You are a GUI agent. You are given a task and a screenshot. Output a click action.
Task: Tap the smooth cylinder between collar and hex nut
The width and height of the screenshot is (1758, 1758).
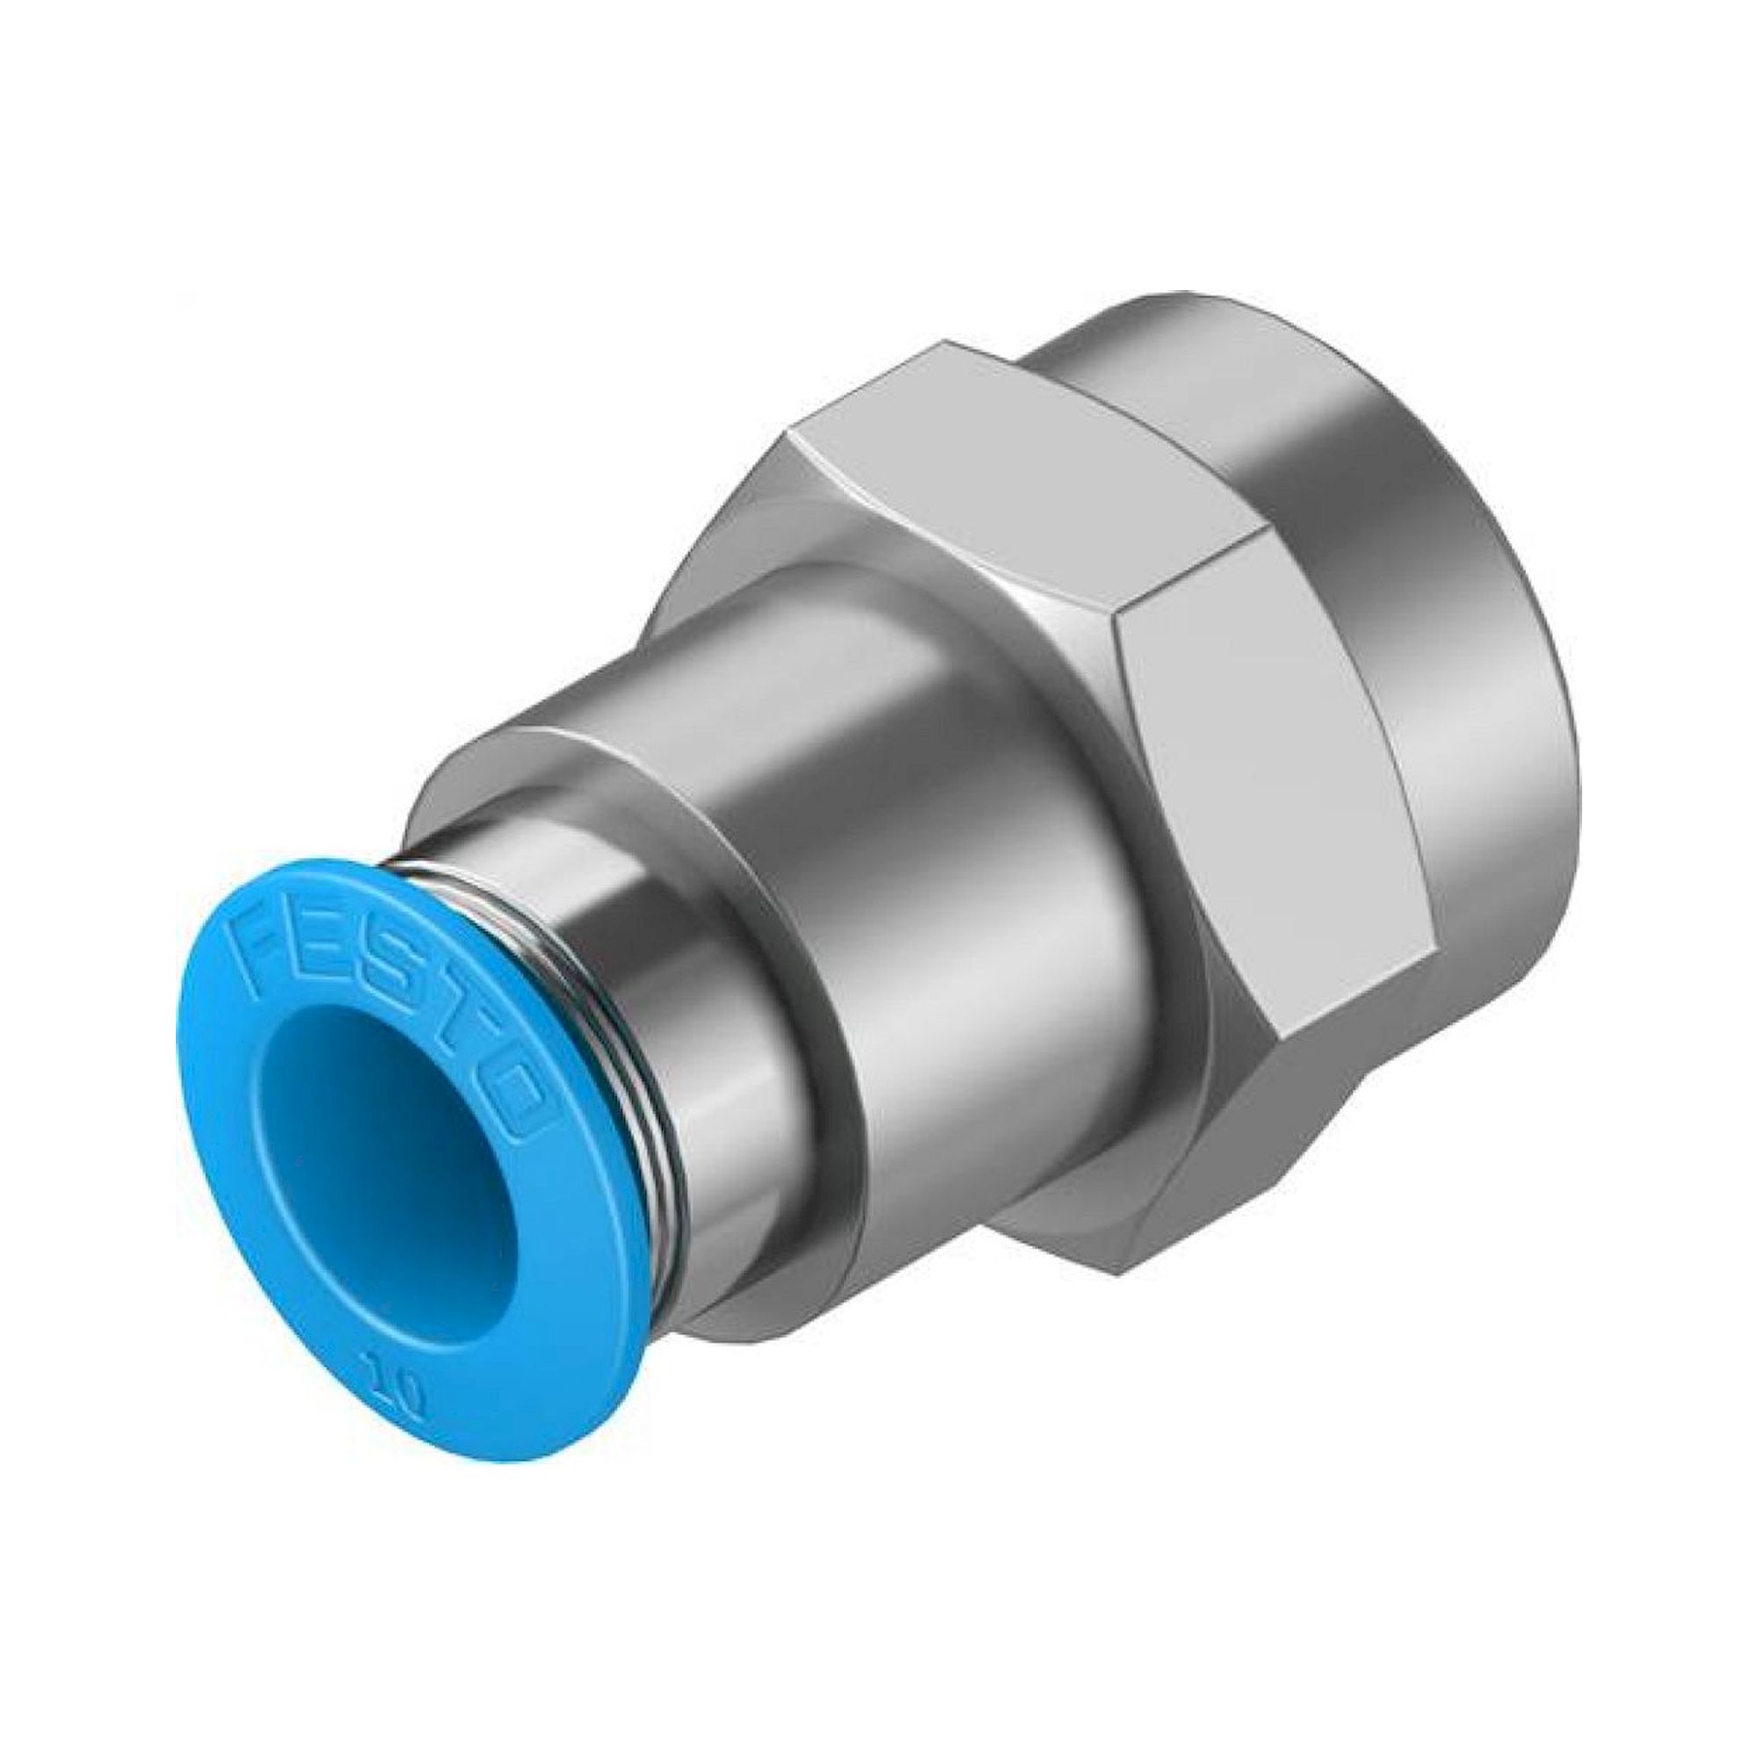tap(910, 955)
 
